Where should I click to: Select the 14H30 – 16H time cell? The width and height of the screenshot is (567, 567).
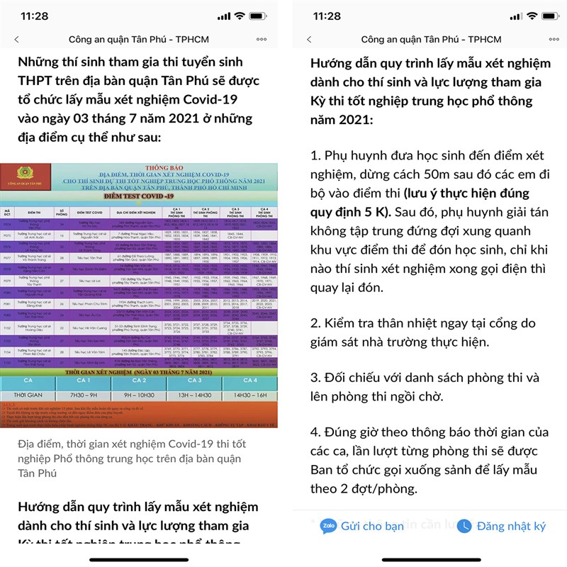249,395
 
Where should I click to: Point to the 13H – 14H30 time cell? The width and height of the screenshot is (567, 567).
193,395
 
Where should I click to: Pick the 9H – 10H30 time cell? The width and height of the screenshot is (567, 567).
138,395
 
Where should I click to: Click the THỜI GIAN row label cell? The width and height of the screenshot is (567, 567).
27,395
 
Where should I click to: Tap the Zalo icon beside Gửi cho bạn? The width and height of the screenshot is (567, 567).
328,526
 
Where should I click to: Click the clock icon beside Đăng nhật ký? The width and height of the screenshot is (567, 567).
464,526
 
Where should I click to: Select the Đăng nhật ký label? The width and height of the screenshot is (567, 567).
511,526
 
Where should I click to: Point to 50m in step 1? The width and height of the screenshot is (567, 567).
443,174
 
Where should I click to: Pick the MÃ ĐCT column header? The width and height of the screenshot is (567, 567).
8,211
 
